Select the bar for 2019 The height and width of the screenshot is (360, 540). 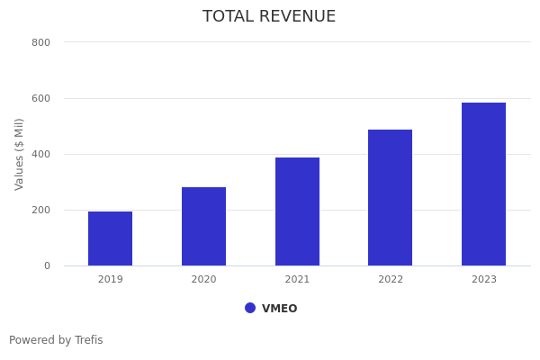pyautogui.click(x=110, y=238)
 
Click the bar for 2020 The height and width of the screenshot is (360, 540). pyautogui.click(x=203, y=226)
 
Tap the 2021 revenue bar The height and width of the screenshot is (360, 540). pyautogui.click(x=297, y=211)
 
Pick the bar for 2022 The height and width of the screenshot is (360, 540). pyautogui.click(x=390, y=197)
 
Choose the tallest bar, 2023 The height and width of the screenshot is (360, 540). pyautogui.click(x=483, y=184)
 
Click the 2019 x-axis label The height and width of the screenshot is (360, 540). pyautogui.click(x=110, y=280)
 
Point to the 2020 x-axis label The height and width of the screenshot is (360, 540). pyautogui.click(x=203, y=280)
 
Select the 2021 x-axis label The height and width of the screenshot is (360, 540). pyautogui.click(x=297, y=280)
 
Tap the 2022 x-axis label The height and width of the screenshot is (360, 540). pyautogui.click(x=391, y=280)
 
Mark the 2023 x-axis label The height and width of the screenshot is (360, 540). pyautogui.click(x=483, y=280)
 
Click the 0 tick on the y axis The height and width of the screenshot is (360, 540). pyautogui.click(x=46, y=266)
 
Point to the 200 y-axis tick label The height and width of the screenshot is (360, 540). pyautogui.click(x=40, y=211)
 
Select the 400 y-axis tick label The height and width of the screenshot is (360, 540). pyautogui.click(x=40, y=155)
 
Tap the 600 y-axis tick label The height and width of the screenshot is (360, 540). pyautogui.click(x=40, y=99)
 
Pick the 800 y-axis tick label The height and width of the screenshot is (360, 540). pyautogui.click(x=40, y=43)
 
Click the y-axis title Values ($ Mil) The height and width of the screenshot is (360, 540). pyautogui.click(x=20, y=154)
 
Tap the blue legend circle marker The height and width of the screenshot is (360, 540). pyautogui.click(x=250, y=308)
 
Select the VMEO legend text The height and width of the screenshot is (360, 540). pyautogui.click(x=279, y=309)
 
